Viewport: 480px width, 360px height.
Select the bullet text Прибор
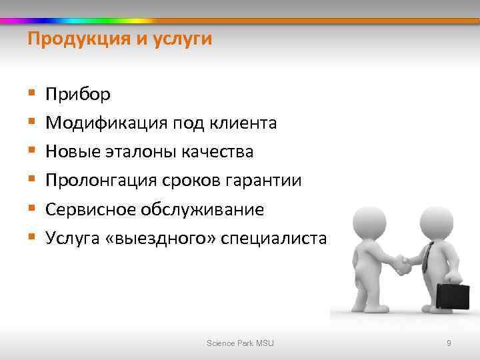pyautogui.click(x=78, y=95)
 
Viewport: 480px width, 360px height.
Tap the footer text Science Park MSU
pyautogui.click(x=240, y=343)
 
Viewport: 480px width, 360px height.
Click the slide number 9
pyautogui.click(x=449, y=343)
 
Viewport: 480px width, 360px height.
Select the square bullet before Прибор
pyautogui.click(x=31, y=95)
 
